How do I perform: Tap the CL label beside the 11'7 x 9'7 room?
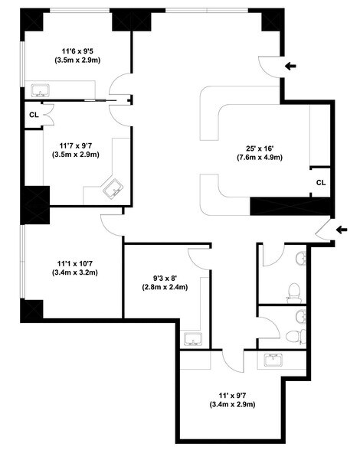coord(34,115)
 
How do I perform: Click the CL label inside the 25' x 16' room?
coord(321,182)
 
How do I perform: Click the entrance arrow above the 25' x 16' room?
coord(292,67)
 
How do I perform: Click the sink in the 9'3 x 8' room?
coord(192,337)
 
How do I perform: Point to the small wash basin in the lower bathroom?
coord(302,316)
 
